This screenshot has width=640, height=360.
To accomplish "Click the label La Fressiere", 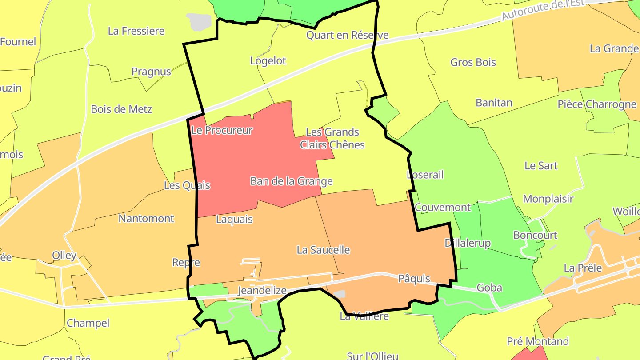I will pyautogui.click(x=136, y=31).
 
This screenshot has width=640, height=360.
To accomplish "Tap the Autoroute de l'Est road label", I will pyautogui.click(x=550, y=10).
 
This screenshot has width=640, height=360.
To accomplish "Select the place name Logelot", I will pyautogui.click(x=268, y=61).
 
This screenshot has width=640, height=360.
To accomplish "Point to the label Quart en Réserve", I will pyautogui.click(x=348, y=35).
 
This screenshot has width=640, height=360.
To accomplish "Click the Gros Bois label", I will pyautogui.click(x=473, y=62).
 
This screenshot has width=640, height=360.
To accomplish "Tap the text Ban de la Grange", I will pyautogui.click(x=291, y=181).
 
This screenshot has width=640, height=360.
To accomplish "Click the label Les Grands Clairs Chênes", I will pyautogui.click(x=332, y=138).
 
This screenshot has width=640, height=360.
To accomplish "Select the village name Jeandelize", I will pyautogui.click(x=262, y=291).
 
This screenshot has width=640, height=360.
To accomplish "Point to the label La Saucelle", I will pyautogui.click(x=323, y=250).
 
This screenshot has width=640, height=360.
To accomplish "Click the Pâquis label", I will pyautogui.click(x=414, y=279).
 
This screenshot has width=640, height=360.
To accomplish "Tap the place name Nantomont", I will pyautogui.click(x=146, y=219).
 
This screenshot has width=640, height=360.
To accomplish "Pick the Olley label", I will pyautogui.click(x=64, y=256).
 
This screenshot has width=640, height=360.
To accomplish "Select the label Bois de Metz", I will pyautogui.click(x=121, y=109).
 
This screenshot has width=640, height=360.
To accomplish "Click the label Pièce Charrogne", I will pyautogui.click(x=597, y=104).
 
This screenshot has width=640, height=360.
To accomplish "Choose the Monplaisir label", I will pyautogui.click(x=548, y=199).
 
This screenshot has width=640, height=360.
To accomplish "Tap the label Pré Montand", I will pyautogui.click(x=538, y=341).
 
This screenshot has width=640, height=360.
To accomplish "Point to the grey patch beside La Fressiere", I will pyautogui.click(x=199, y=21).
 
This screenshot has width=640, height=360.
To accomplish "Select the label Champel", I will pyautogui.click(x=88, y=323).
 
